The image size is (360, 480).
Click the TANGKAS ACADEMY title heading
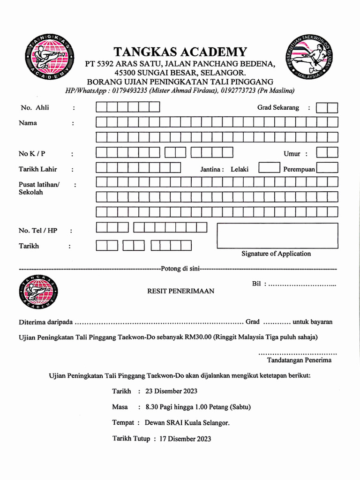click(x=180, y=52)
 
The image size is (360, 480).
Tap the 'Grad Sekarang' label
click(x=278, y=108)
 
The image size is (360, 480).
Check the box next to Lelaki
click(x=269, y=168)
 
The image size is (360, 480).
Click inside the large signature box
click(x=277, y=235)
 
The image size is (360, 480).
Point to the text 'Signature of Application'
click(x=276, y=254)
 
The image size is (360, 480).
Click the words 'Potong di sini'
click(x=180, y=269)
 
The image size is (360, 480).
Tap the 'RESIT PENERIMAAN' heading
click(x=180, y=291)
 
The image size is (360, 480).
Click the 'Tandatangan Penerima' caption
click(x=299, y=360)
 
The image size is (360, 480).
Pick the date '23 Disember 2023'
click(x=171, y=391)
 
